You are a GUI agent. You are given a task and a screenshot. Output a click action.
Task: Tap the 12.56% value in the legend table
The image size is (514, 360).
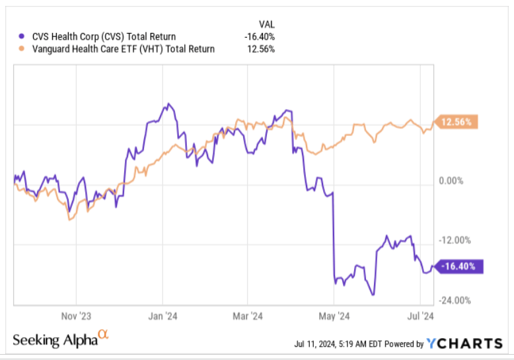(x=262, y=49)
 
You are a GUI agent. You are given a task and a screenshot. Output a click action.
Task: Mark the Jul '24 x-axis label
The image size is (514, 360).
(x=418, y=316)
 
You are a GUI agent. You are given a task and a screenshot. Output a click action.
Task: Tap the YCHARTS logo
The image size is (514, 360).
(x=464, y=343)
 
